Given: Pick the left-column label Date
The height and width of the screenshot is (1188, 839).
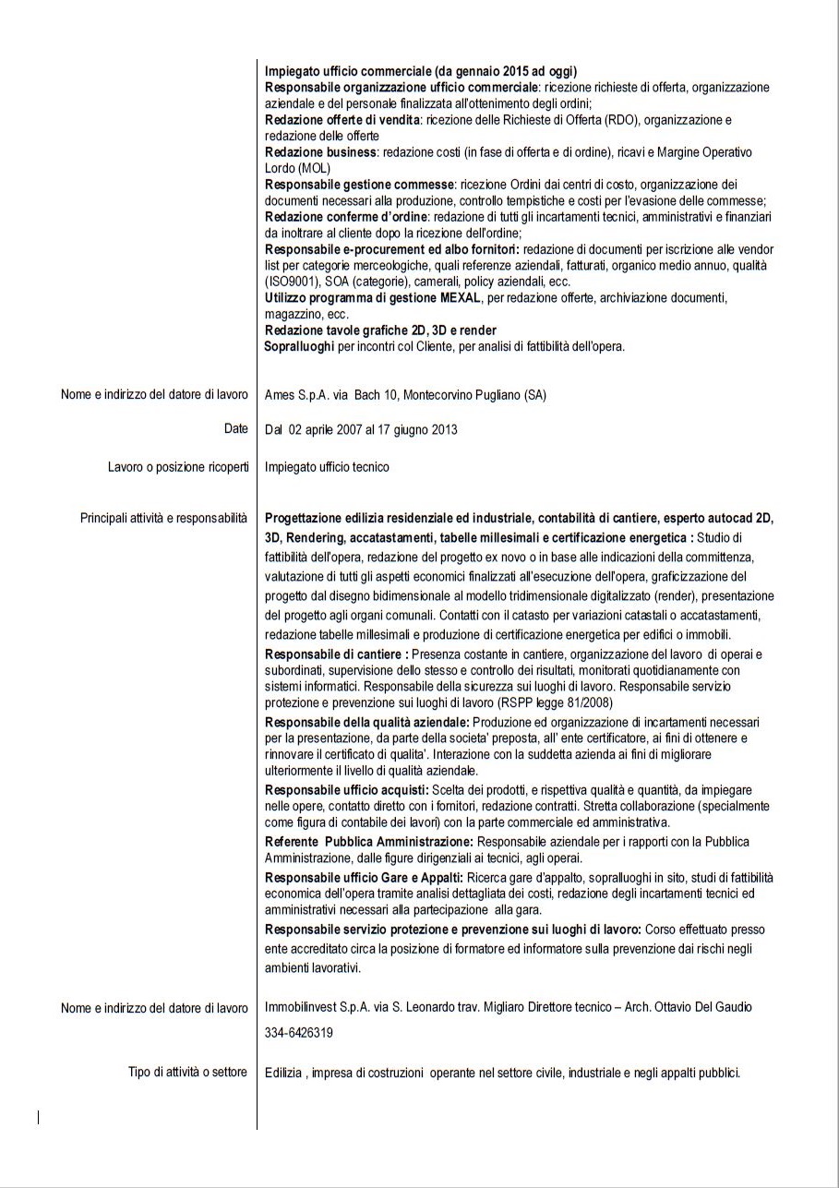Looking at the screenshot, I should coord(235,428).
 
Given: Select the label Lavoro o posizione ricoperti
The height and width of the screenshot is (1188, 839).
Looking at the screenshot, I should coord(178,467).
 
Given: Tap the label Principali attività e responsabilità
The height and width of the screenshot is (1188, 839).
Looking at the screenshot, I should coord(164,519).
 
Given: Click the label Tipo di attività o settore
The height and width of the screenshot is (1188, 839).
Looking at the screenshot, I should coord(188,1072).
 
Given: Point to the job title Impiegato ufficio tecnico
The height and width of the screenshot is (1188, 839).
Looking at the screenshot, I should coord(327,467).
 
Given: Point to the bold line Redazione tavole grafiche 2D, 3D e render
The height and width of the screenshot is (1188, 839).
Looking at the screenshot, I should coord(380,330).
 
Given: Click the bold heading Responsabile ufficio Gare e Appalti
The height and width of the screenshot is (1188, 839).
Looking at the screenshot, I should coord(364,876).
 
